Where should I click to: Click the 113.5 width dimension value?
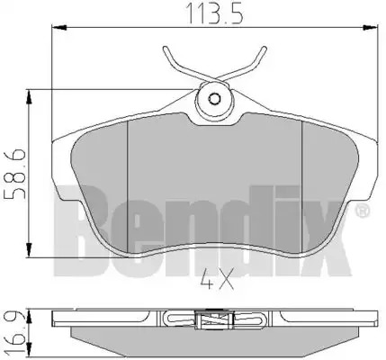(x=214, y=13)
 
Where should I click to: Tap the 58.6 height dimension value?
(x=15, y=174)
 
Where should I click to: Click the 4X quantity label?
(x=218, y=279)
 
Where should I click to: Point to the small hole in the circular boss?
(x=214, y=99)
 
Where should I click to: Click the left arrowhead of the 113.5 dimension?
(x=59, y=28)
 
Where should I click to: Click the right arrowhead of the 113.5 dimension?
(x=370, y=28)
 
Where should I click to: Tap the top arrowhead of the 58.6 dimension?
(x=29, y=96)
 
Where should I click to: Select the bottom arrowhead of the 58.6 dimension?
(x=29, y=250)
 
